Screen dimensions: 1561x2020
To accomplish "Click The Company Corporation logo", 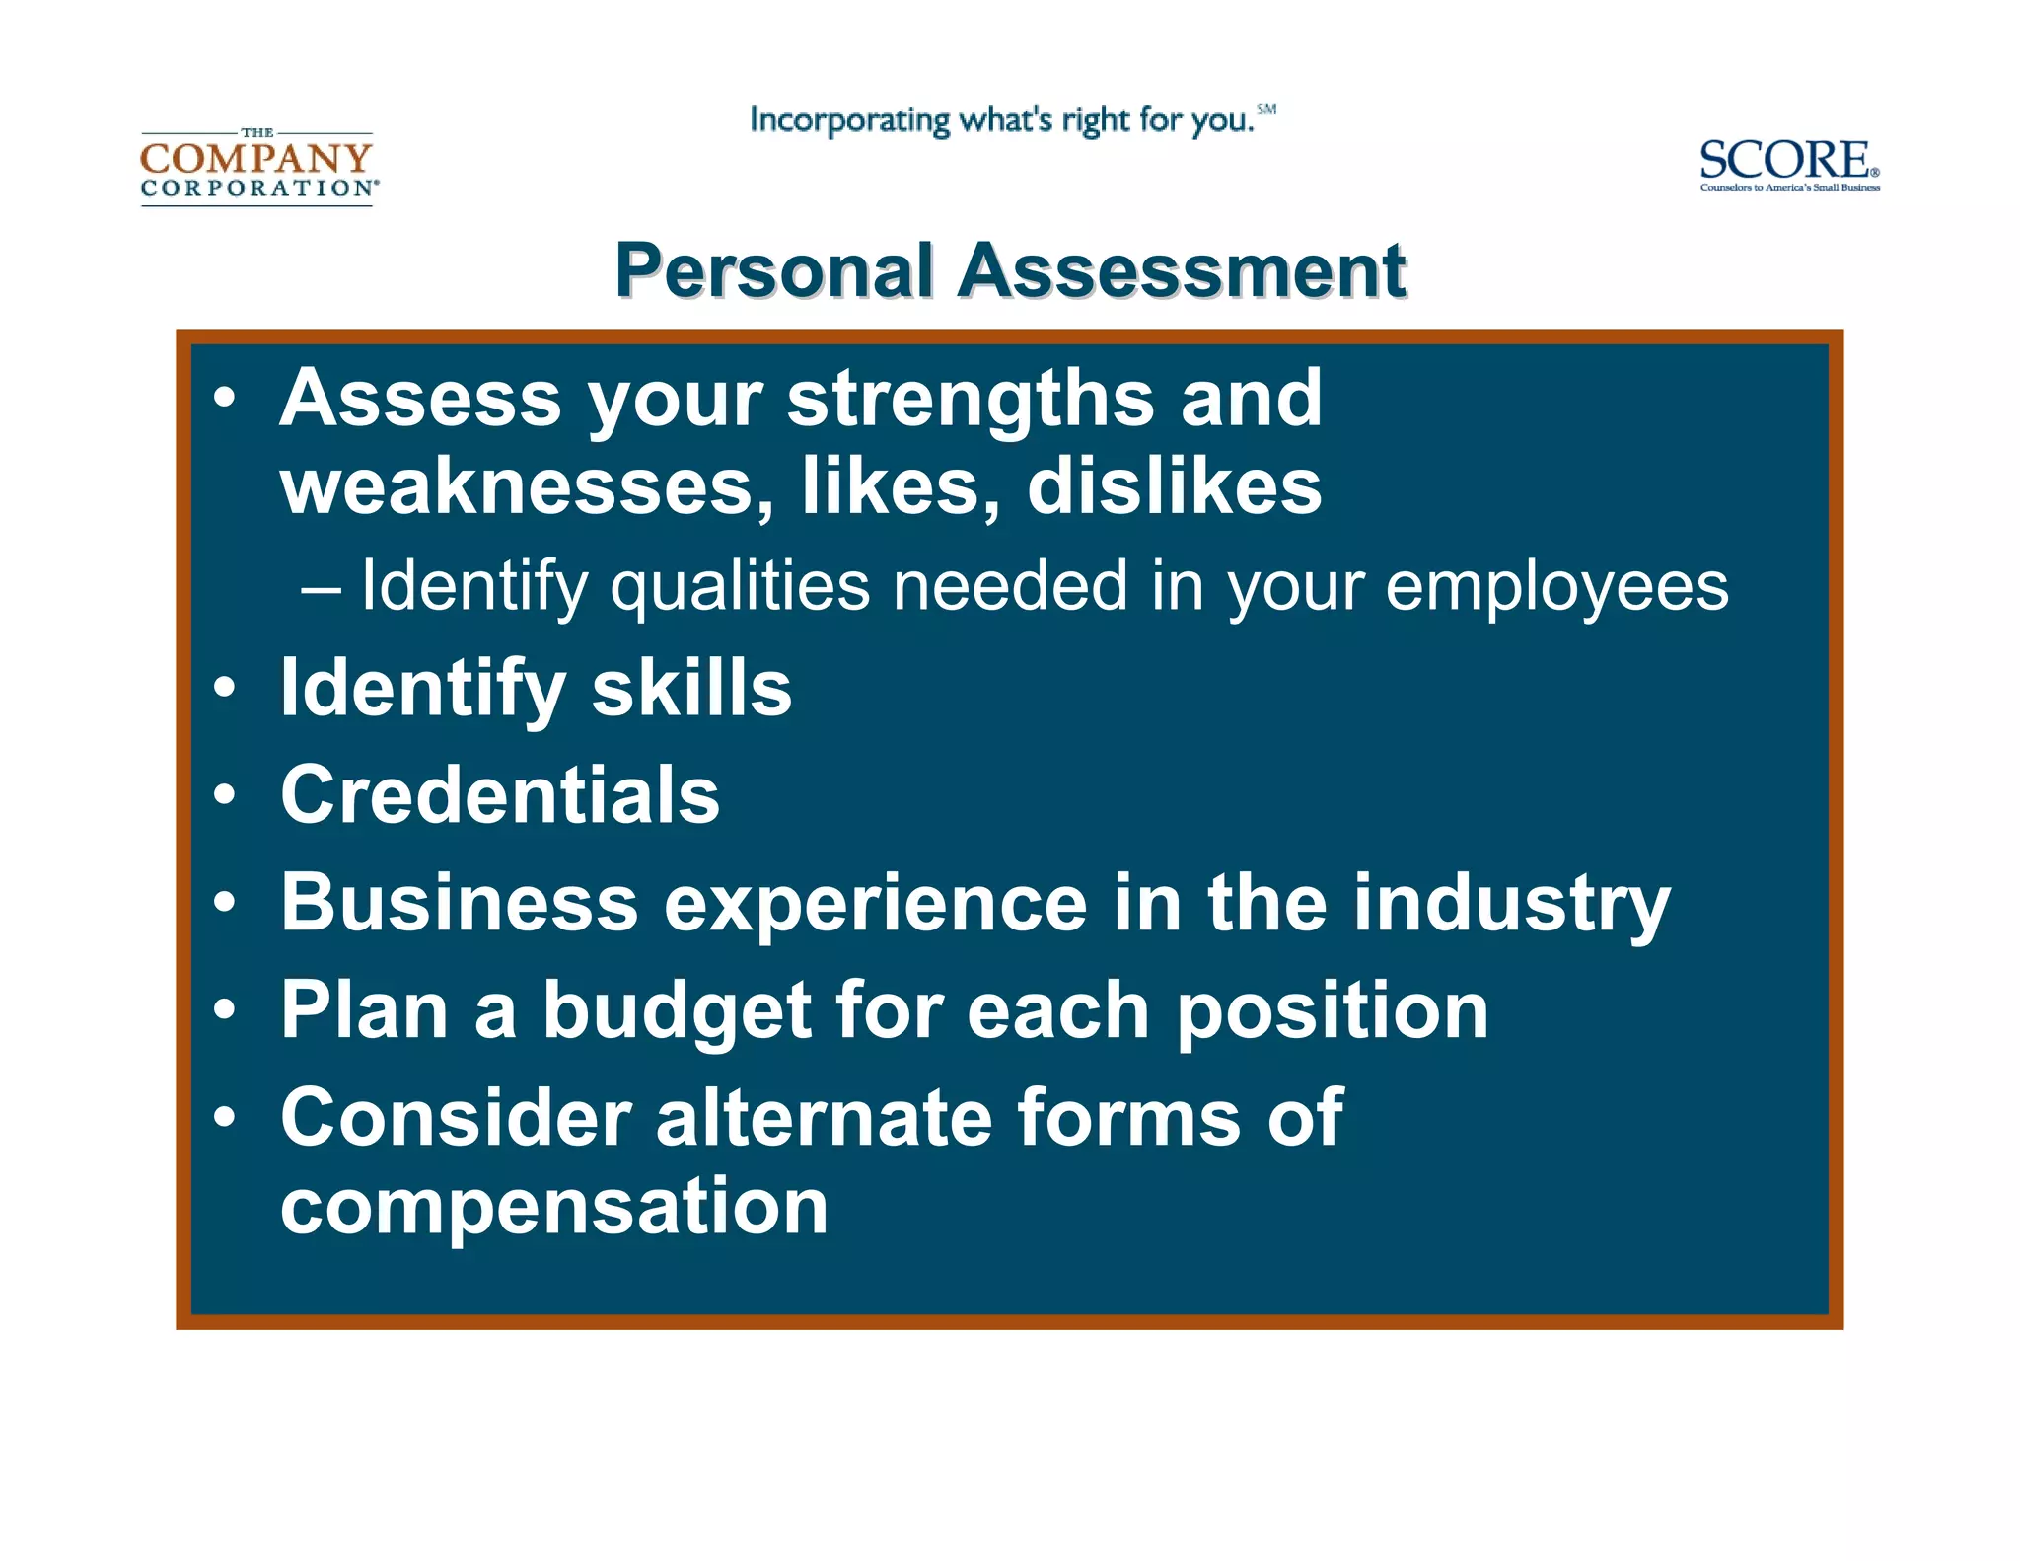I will click(257, 167).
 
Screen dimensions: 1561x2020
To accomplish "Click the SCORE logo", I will click(1788, 166).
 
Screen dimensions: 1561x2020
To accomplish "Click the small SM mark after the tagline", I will click(1266, 110).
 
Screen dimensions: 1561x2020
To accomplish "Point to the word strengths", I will click(971, 399).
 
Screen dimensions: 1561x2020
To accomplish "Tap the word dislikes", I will click(1174, 486).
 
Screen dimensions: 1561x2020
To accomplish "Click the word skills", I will click(691, 688).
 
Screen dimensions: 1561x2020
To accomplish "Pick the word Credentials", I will click(500, 794).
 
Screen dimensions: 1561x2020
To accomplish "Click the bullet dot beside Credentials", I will click(225, 795).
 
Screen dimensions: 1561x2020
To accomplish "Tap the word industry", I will click(1511, 903).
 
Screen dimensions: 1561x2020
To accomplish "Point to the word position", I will click(1333, 1011).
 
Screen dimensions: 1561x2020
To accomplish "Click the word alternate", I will click(824, 1118).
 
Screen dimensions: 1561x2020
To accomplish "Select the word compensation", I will click(554, 1206).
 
